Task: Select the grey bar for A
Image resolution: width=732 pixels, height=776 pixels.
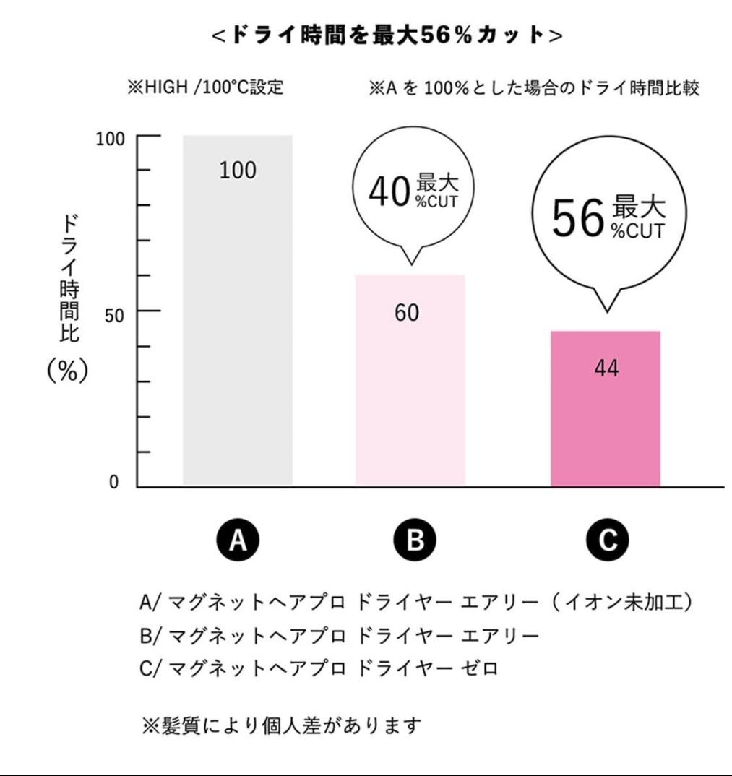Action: click(238, 325)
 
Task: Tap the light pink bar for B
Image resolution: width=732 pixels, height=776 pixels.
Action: click(410, 390)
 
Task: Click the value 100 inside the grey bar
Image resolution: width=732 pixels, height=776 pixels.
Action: click(238, 171)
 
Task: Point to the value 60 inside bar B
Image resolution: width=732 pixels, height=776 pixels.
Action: click(407, 313)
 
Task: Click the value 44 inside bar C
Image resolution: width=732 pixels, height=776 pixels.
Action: click(606, 368)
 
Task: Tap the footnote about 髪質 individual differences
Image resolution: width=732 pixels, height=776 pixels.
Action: click(280, 725)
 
